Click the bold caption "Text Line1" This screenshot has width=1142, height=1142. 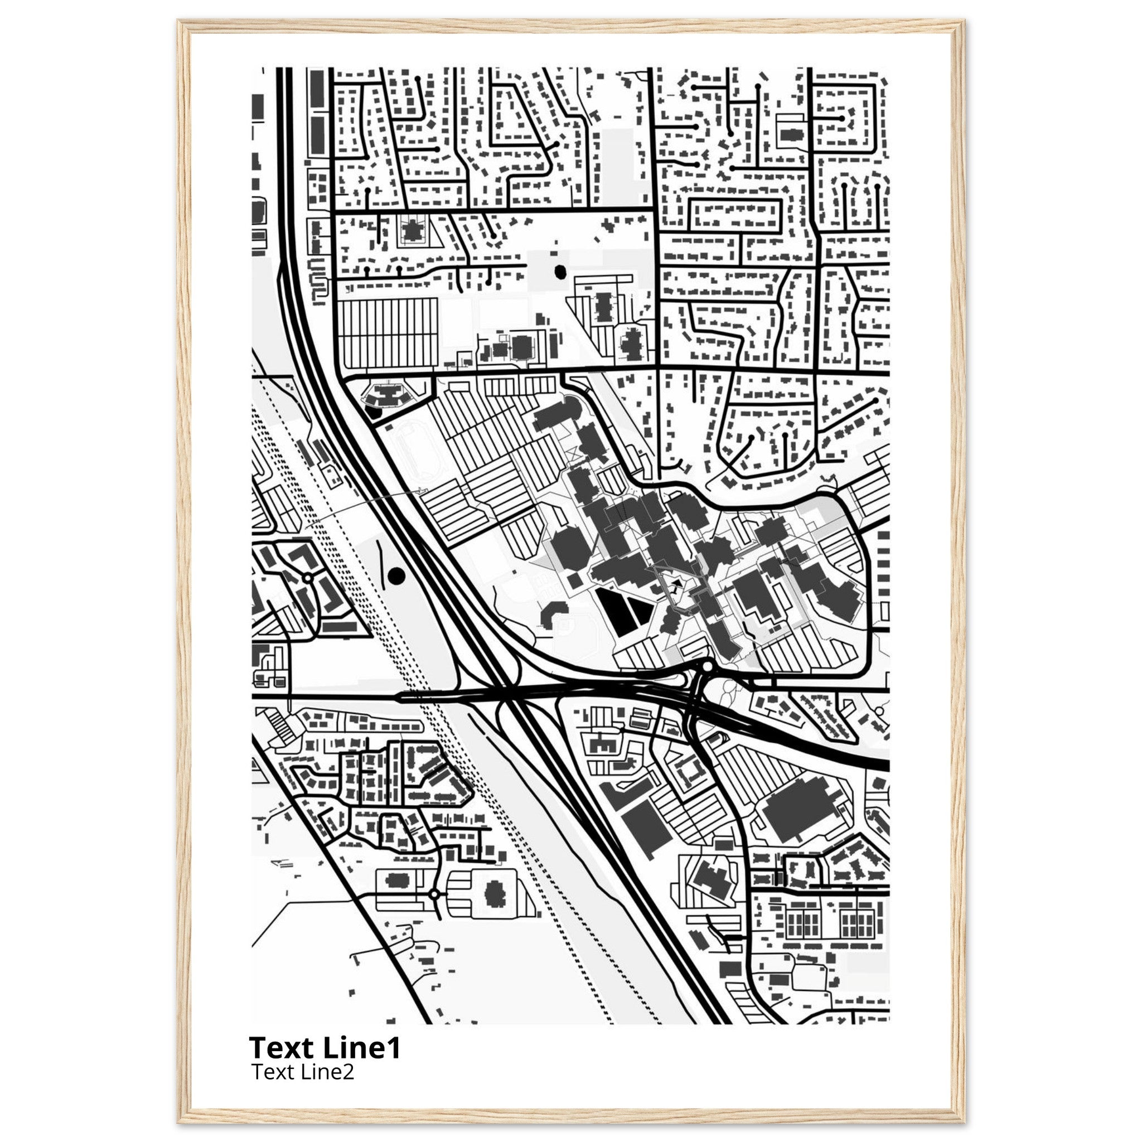(325, 1047)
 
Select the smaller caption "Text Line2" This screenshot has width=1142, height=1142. (303, 1071)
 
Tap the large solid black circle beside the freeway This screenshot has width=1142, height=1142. (395, 574)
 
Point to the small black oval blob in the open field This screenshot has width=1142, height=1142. (560, 272)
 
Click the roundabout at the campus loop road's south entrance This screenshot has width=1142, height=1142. (707, 667)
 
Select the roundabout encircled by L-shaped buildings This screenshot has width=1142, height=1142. (307, 578)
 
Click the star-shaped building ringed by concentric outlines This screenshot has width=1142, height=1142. (411, 228)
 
